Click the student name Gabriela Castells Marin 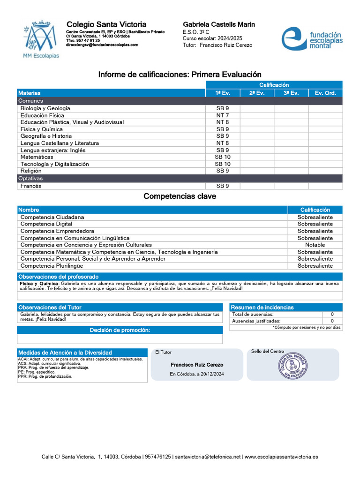[x=218, y=24]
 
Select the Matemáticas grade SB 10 [x=223, y=157]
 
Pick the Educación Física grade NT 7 [x=223, y=115]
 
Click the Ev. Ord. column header [x=325, y=93]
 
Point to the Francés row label [x=31, y=186]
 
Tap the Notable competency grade [x=315, y=245]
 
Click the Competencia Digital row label [x=46, y=224]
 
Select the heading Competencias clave [x=180, y=196]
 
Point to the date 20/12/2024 [x=210, y=374]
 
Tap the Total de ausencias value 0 [x=332, y=315]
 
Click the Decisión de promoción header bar [x=120, y=330]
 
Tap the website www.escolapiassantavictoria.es [x=281, y=457]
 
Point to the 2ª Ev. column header [x=257, y=93]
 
